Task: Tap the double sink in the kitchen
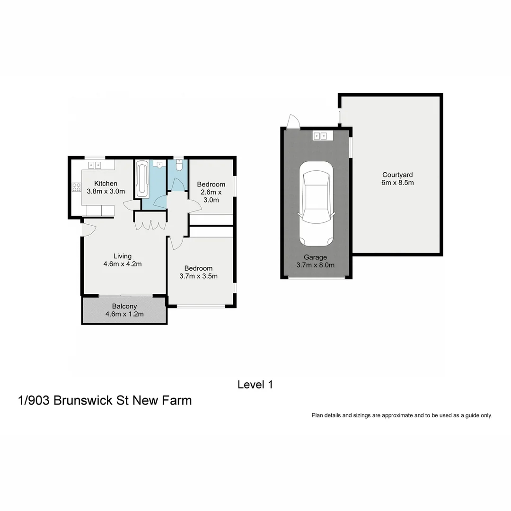[95, 165]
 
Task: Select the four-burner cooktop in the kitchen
[76, 187]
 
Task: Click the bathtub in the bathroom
[142, 179]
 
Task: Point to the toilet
[179, 166]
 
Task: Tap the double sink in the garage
[320, 136]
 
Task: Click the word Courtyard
[397, 174]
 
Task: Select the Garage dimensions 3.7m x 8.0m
[316, 265]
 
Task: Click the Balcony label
[124, 306]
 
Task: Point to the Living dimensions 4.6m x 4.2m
[123, 264]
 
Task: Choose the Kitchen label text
[106, 184]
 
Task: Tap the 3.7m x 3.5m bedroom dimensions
[198, 276]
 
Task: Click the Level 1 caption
[255, 385]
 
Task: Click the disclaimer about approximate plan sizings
[402, 415]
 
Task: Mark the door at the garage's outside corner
[293, 122]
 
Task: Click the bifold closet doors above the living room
[150, 225]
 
